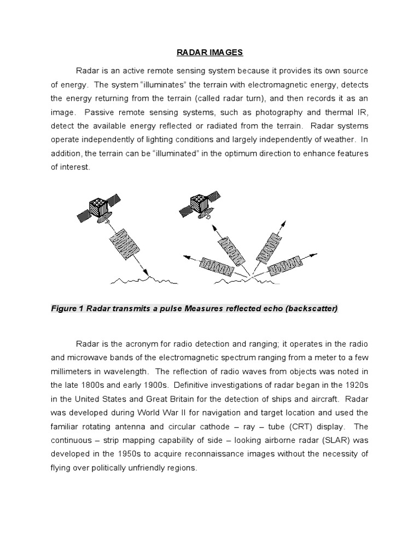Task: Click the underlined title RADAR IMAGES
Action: (x=209, y=52)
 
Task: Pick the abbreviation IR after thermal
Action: (x=363, y=112)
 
